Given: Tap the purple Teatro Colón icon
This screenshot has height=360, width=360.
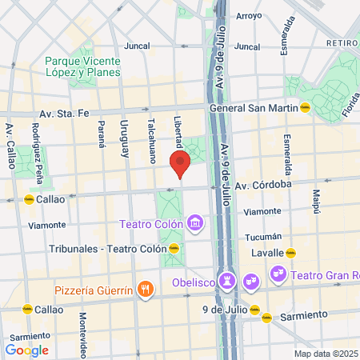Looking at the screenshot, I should [x=192, y=224].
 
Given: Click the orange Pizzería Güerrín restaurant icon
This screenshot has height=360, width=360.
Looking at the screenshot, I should [x=145, y=289].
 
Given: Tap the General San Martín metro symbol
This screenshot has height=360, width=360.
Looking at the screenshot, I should [x=305, y=108].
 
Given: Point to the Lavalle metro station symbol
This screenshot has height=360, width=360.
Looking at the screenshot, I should [x=291, y=253].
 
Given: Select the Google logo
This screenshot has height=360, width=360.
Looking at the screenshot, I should [x=26, y=350].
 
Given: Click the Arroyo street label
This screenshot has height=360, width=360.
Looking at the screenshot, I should [x=249, y=15].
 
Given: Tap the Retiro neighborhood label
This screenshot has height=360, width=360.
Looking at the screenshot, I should [x=341, y=42].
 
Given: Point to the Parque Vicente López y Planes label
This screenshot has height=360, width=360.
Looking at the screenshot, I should [x=82, y=66].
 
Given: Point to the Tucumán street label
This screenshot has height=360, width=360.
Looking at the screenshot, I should [x=262, y=237].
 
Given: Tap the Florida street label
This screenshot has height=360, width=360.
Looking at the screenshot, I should [x=349, y=102].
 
